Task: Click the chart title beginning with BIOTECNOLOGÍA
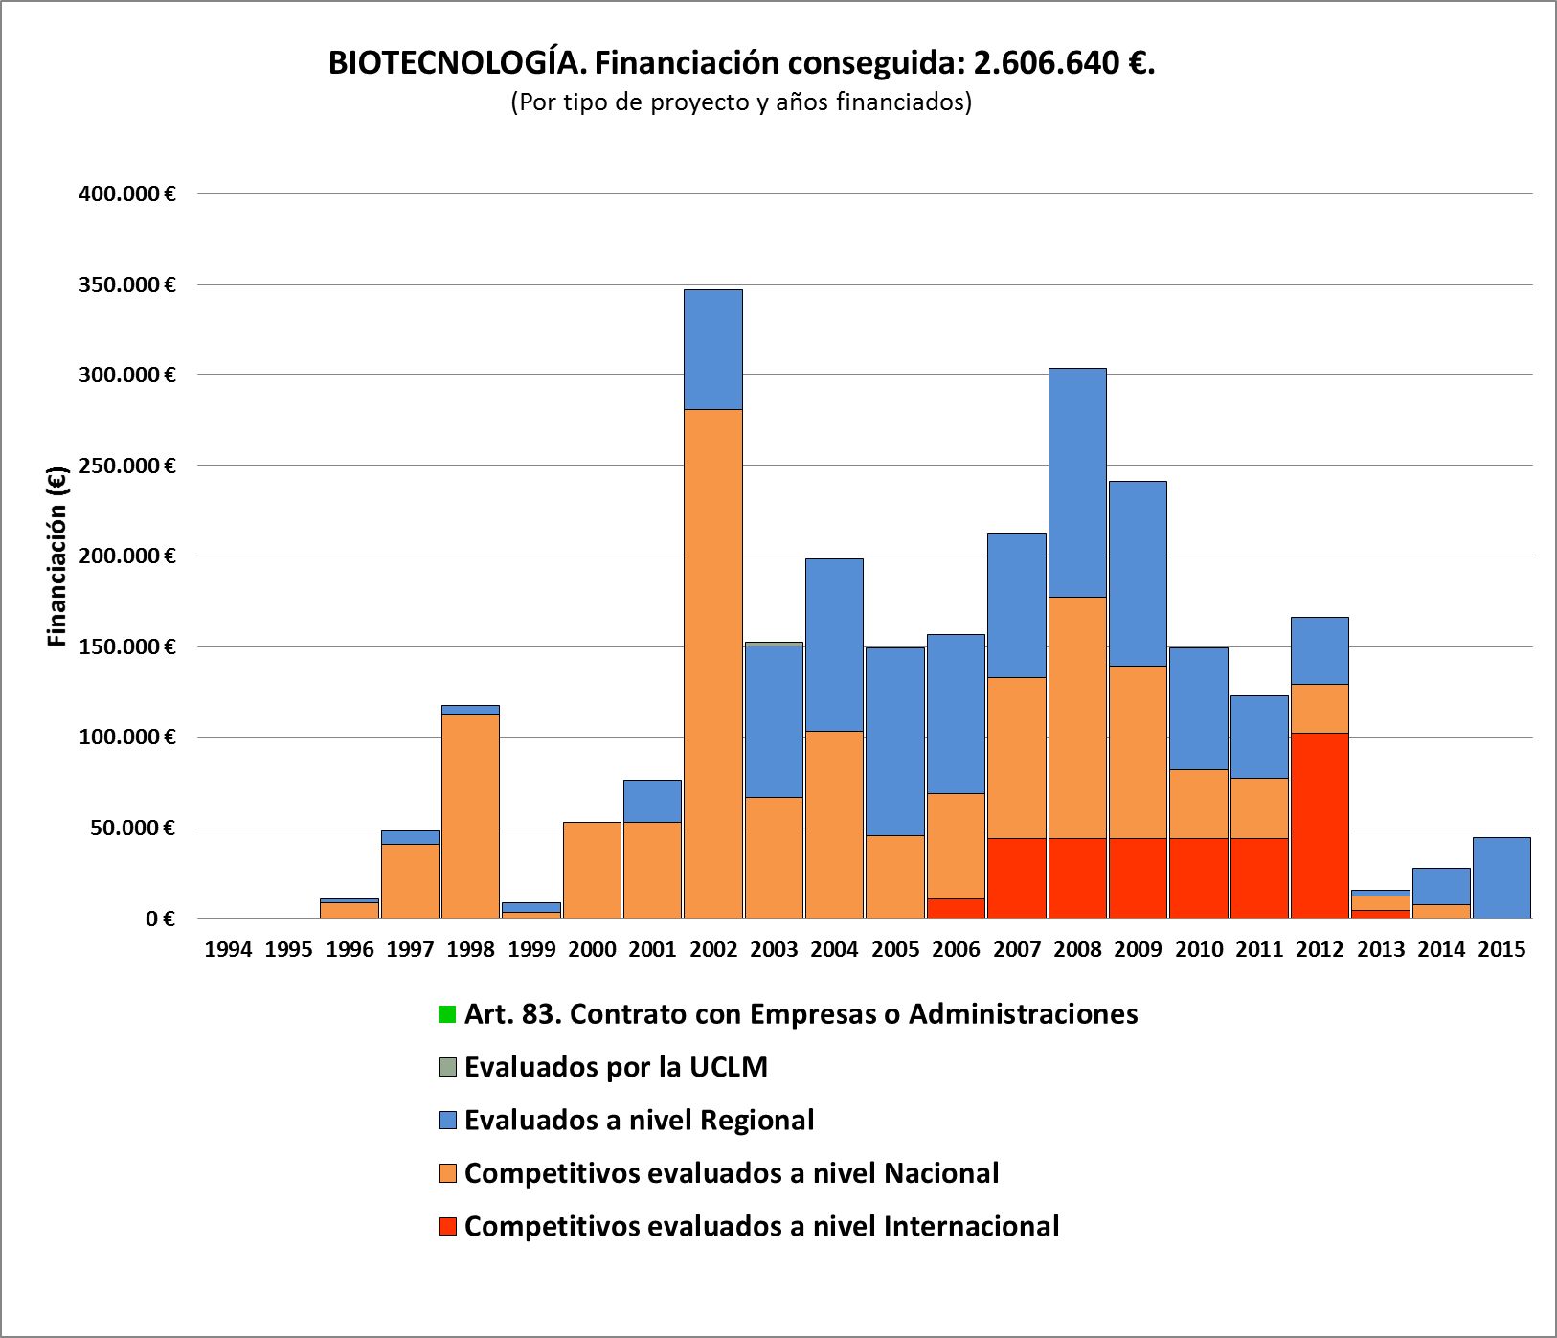click(x=741, y=63)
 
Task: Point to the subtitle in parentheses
click(x=741, y=102)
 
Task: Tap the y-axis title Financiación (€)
click(x=57, y=556)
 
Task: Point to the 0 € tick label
click(x=160, y=919)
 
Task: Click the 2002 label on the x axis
click(x=713, y=949)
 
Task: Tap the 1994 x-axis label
click(x=228, y=949)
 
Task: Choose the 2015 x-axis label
click(x=1501, y=949)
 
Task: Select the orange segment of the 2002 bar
click(x=713, y=661)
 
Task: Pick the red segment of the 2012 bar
click(x=1320, y=825)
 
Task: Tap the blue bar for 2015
click(x=1501, y=877)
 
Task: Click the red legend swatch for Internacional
click(x=447, y=1226)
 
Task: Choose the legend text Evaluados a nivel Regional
click(x=639, y=1120)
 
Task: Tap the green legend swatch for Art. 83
click(x=447, y=1013)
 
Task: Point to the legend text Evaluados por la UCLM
click(x=616, y=1067)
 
